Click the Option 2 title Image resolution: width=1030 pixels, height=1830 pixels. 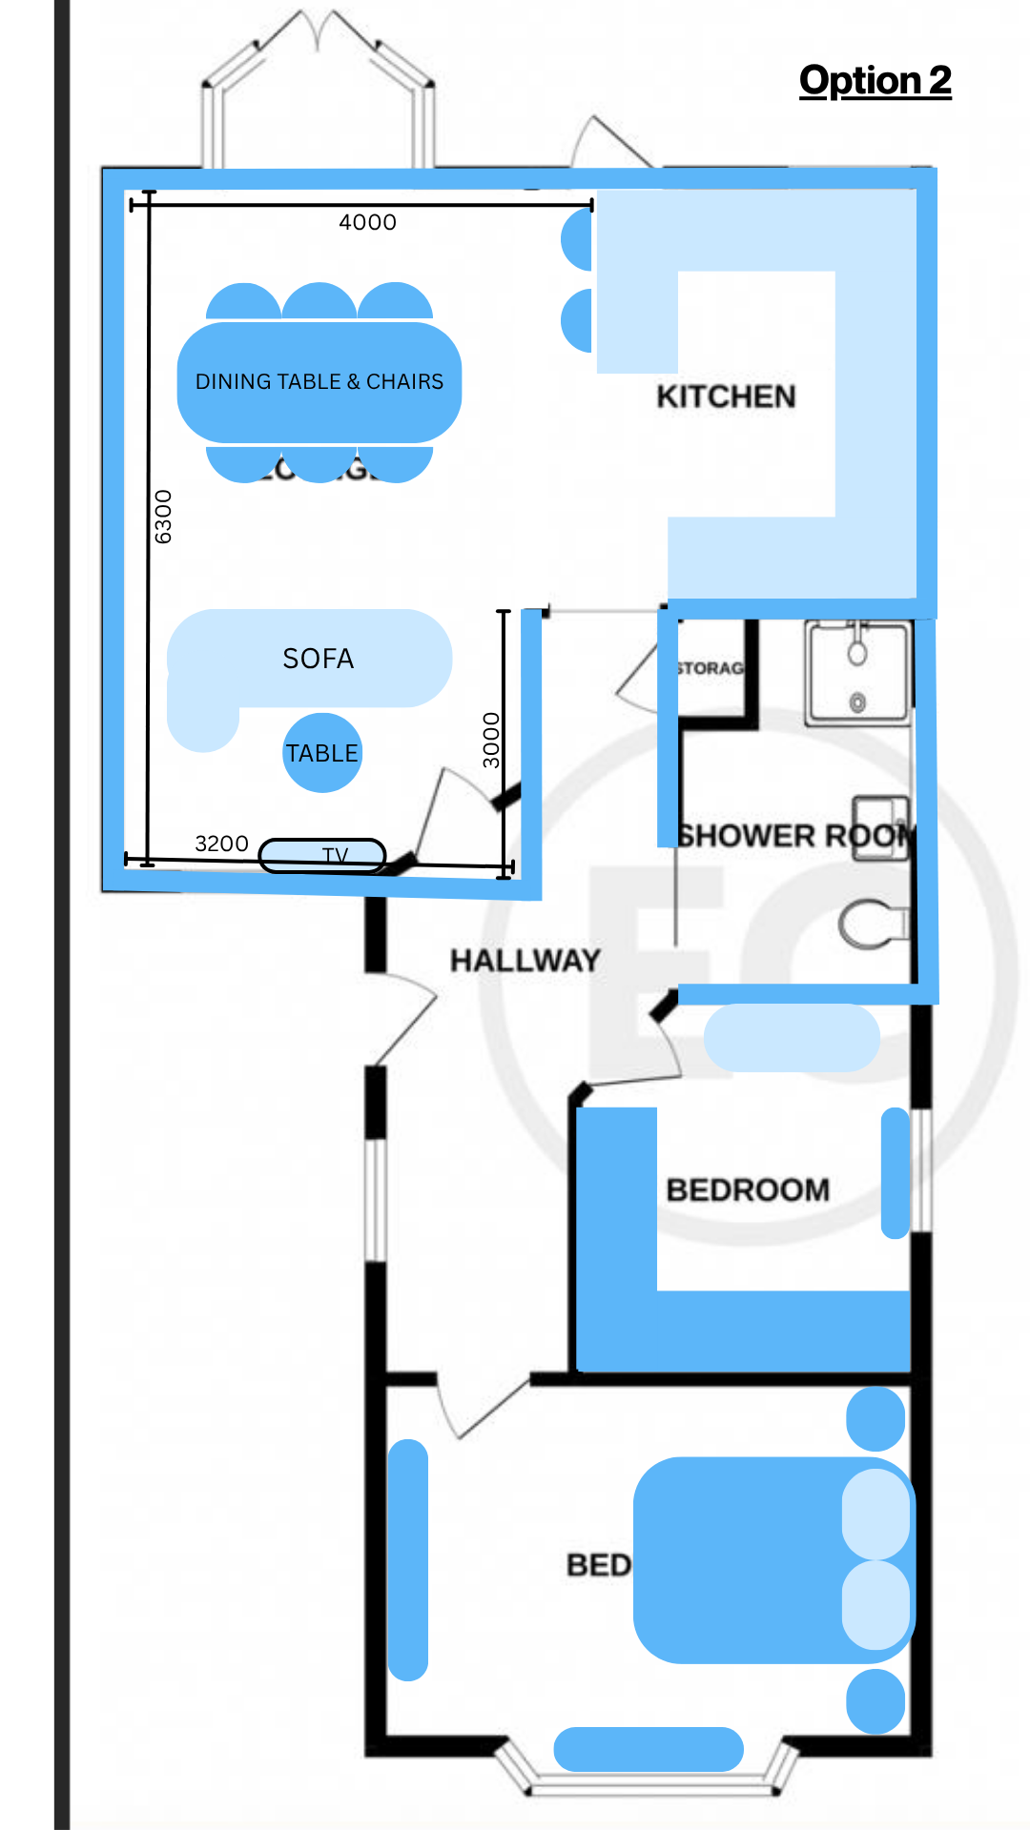coord(875,81)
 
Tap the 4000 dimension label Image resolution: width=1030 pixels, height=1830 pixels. coord(367,222)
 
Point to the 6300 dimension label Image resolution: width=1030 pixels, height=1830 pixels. coord(164,517)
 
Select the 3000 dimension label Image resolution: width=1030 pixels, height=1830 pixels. coord(491,740)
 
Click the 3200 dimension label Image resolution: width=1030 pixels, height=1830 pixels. coord(221,844)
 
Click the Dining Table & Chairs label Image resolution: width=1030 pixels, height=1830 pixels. coord(319,381)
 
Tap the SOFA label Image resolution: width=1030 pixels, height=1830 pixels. coord(319,659)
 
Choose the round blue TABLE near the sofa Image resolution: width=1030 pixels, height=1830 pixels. coord(322,753)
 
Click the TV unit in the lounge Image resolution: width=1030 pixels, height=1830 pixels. coord(322,855)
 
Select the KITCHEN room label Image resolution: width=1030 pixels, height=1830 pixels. coord(726,396)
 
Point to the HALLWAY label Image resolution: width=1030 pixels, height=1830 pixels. coord(525,960)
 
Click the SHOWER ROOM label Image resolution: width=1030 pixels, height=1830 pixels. coord(796,836)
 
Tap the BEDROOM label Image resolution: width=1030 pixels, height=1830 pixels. coord(748,1189)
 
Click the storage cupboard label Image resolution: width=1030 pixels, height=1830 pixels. coord(710,668)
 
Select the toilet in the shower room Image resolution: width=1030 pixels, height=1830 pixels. coord(871,925)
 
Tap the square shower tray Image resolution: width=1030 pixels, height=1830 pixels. coord(857,671)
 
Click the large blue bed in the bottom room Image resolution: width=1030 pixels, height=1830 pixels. coord(753,1560)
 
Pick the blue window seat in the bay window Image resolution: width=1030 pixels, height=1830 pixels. coord(649,1749)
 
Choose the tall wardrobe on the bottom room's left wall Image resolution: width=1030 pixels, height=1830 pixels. coord(408,1559)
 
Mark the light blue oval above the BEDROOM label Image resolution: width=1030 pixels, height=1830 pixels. coord(792,1038)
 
